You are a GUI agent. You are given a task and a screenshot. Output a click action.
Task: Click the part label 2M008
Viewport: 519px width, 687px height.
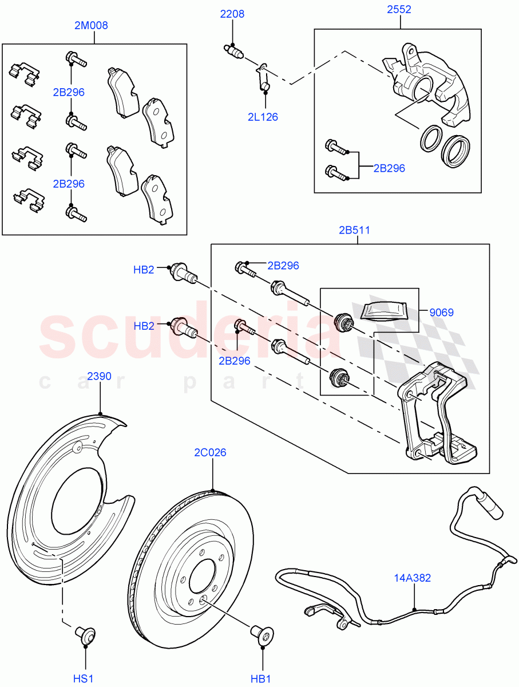(x=91, y=25)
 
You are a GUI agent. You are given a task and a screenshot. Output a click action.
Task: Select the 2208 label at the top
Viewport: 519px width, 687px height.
(x=233, y=14)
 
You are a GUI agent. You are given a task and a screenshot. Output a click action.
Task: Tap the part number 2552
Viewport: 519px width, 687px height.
(x=399, y=10)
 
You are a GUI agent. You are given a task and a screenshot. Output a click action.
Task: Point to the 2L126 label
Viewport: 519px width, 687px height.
(x=263, y=117)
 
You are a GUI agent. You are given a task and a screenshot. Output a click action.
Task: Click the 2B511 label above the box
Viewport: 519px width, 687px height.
(x=354, y=230)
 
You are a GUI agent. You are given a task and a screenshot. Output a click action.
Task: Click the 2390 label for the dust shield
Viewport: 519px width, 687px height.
(x=99, y=376)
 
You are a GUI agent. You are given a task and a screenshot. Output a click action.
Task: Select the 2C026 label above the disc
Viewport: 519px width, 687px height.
(x=210, y=452)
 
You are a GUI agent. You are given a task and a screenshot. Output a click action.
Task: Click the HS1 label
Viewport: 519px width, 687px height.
(x=84, y=678)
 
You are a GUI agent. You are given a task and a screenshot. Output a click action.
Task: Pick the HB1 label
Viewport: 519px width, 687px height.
(x=261, y=678)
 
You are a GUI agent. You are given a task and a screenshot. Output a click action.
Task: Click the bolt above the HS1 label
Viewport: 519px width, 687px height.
(x=85, y=635)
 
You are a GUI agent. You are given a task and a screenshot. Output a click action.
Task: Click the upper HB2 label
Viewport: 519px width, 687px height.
(x=144, y=270)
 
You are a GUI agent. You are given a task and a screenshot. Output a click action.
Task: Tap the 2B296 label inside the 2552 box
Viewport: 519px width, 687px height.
(x=389, y=168)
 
